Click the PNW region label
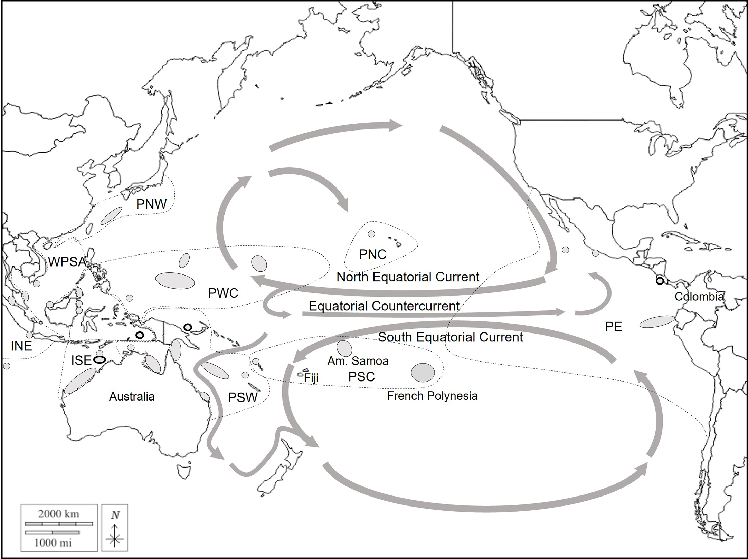tap(151, 204)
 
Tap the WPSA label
tap(67, 262)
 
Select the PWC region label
tap(223, 293)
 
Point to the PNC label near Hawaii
tap(372, 255)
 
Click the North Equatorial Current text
tap(408, 277)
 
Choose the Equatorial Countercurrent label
tap(384, 306)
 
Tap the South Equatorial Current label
tap(450, 337)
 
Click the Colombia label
tap(699, 297)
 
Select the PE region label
tap(614, 327)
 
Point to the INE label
tap(21, 346)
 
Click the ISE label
tap(81, 360)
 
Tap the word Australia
tap(132, 396)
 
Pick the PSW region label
tap(243, 398)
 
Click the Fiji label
tap(311, 378)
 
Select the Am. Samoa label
tap(358, 361)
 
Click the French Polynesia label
tap(432, 396)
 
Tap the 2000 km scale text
tap(59, 514)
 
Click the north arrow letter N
tap(115, 515)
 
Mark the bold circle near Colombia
tap(660, 281)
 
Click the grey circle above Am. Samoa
tap(344, 348)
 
